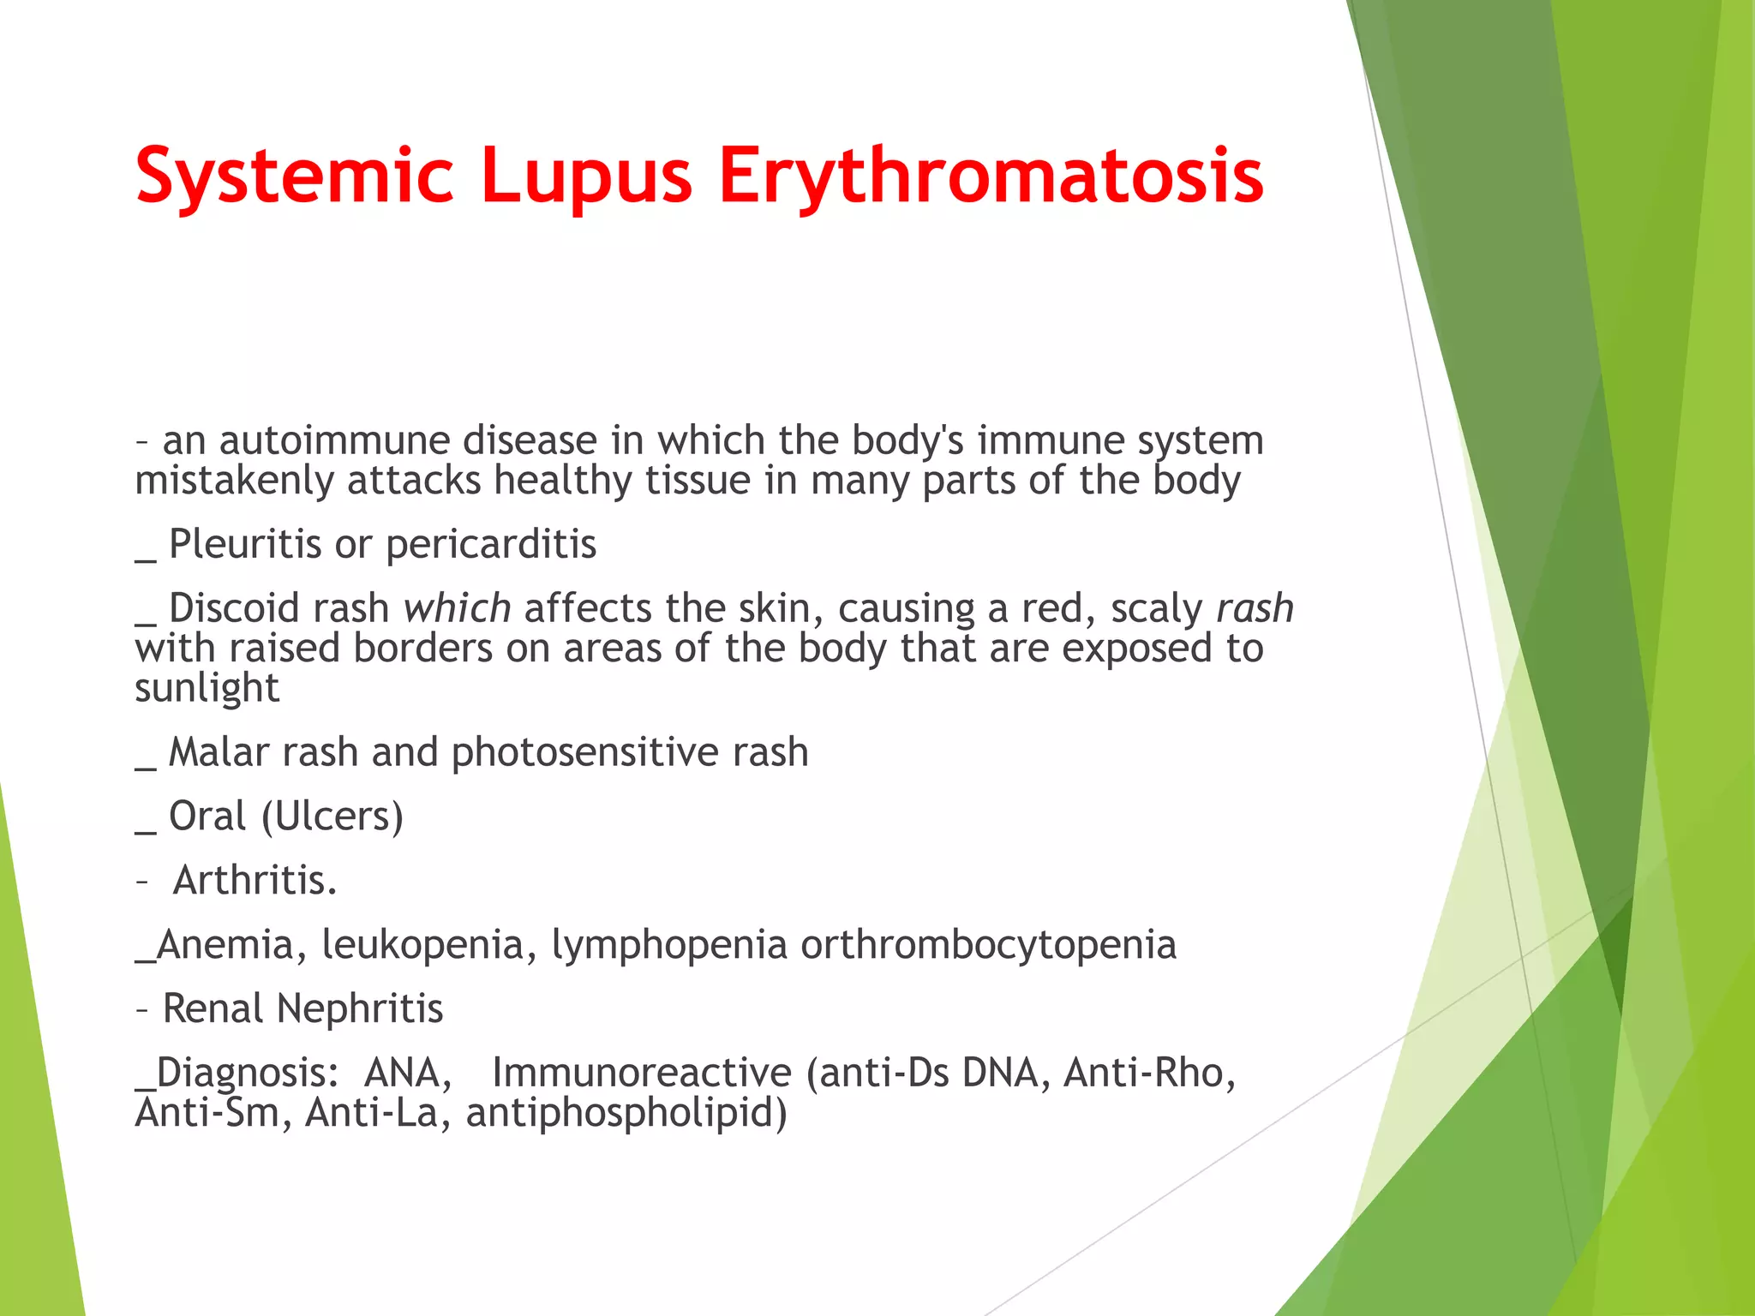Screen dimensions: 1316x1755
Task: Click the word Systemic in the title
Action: pyautogui.click(x=294, y=176)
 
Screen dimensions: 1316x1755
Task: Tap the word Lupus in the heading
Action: pyautogui.click(x=586, y=176)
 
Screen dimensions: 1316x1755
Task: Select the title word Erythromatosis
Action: pyautogui.click(x=991, y=176)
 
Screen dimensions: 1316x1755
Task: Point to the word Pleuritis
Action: pyautogui.click(x=244, y=544)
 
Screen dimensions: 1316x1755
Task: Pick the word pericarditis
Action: pyautogui.click(x=491, y=544)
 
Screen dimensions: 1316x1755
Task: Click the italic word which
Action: pyautogui.click(x=458, y=608)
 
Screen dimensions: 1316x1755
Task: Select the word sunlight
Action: pyautogui.click(x=207, y=688)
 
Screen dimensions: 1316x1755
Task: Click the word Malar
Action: pyautogui.click(x=219, y=752)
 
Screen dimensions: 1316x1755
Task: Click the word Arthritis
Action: pyautogui.click(x=255, y=881)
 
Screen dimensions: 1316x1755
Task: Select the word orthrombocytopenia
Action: pyautogui.click(x=988, y=945)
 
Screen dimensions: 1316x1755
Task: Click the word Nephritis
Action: pyautogui.click(x=360, y=1008)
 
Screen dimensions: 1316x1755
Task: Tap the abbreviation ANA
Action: pyautogui.click(x=407, y=1073)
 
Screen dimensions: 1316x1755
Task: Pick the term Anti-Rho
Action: pyautogui.click(x=1149, y=1073)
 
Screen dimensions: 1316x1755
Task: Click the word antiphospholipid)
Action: pyautogui.click(x=626, y=1113)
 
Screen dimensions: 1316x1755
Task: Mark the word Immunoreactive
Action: pyautogui.click(x=642, y=1073)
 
